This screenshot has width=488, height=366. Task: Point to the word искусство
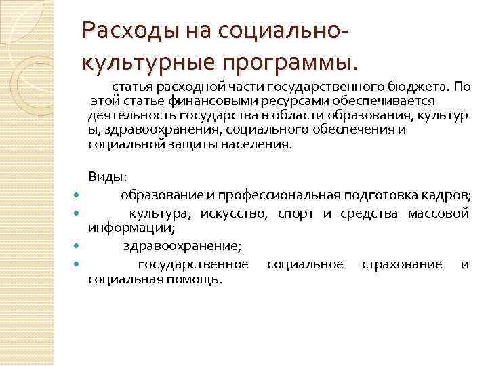click(235, 214)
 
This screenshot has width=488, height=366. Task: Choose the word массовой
click(438, 214)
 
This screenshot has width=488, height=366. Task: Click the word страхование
click(401, 264)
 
